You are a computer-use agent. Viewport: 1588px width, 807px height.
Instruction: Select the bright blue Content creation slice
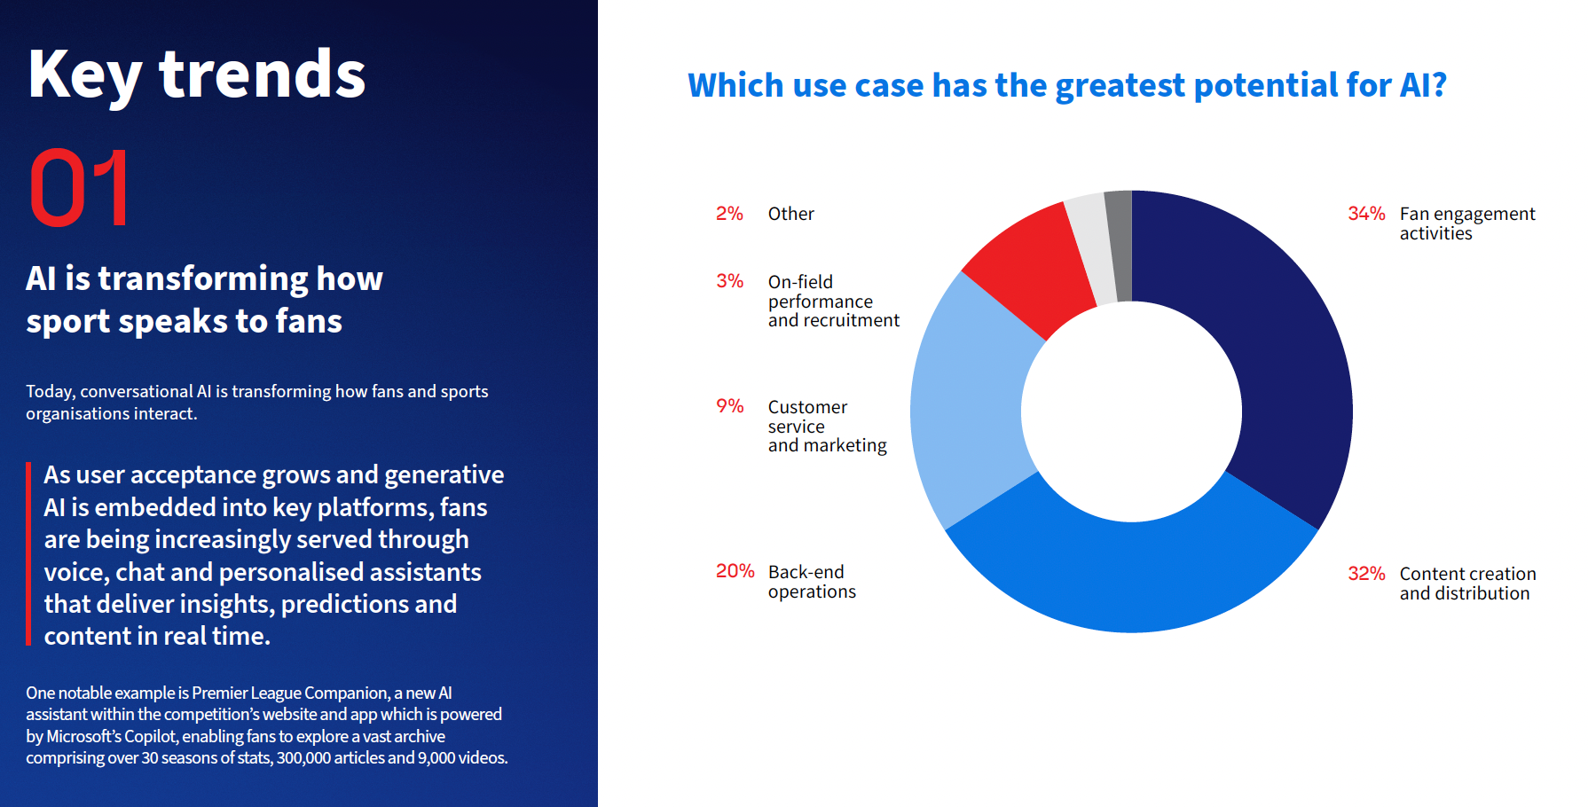pyautogui.click(x=1131, y=576)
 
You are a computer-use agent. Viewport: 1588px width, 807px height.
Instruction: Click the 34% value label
pyautogui.click(x=1366, y=214)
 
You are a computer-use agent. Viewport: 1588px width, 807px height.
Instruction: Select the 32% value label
pyautogui.click(x=1366, y=574)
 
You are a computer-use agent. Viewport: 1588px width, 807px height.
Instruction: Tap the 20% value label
pyautogui.click(x=735, y=572)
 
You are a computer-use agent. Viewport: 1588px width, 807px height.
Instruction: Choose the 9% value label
pyautogui.click(x=729, y=406)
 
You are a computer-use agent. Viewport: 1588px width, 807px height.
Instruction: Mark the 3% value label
pyautogui.click(x=729, y=281)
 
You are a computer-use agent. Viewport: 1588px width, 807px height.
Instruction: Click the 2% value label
pyautogui.click(x=729, y=214)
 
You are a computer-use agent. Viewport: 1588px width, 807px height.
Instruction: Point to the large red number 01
pyautogui.click(x=80, y=188)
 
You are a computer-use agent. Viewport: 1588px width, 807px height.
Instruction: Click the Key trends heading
pyautogui.click(x=197, y=75)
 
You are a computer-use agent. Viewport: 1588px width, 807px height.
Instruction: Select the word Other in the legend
pyautogui.click(x=790, y=214)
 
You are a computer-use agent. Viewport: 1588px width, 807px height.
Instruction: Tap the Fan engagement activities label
pyautogui.click(x=1466, y=223)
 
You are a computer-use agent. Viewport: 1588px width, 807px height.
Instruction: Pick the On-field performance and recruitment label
pyautogui.click(x=833, y=301)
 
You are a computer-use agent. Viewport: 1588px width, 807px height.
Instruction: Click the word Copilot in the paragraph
pyautogui.click(x=150, y=737)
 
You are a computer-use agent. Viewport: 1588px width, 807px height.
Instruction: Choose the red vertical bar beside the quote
pyautogui.click(x=28, y=554)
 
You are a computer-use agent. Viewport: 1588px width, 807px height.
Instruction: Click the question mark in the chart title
pyautogui.click(x=1438, y=85)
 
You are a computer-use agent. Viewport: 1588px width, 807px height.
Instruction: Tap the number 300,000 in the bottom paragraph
pyautogui.click(x=303, y=758)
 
